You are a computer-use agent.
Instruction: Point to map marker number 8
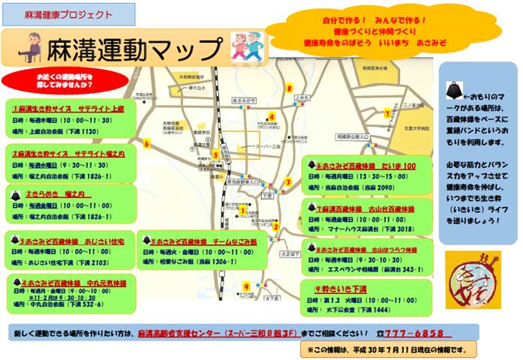click(289, 88)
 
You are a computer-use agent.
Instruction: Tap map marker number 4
click(272, 116)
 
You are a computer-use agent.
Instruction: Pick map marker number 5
click(216, 155)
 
